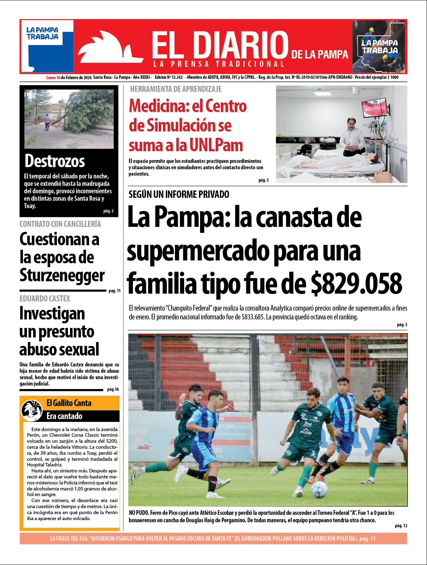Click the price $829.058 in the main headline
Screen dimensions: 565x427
tap(356, 283)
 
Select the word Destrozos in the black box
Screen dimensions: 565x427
tap(55, 161)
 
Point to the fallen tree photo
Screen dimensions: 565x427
tap(69, 118)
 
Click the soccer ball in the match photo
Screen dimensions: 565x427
tap(319, 489)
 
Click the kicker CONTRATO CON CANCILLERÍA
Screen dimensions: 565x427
tap(60, 224)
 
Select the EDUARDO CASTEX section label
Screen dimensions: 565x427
tap(45, 299)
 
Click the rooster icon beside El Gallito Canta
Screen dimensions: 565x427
tap(32, 410)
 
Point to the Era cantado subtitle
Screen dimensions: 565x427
tap(64, 416)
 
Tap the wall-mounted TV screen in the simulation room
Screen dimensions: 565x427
tap(374, 108)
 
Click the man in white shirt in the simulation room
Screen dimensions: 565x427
tap(351, 136)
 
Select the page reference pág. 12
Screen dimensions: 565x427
tap(401, 526)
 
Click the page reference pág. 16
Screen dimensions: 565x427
tap(113, 389)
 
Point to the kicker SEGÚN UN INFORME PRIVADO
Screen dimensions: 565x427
tap(179, 194)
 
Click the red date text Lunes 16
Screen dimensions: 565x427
tap(53, 77)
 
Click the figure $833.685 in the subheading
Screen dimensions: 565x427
tap(253, 317)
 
